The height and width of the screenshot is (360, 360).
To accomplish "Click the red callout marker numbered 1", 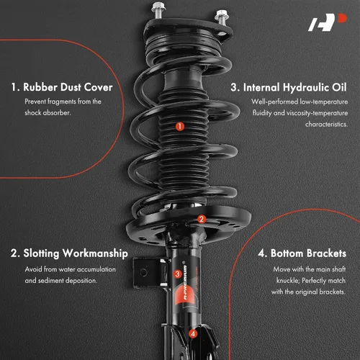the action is click(x=180, y=127).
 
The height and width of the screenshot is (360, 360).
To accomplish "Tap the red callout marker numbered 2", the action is click(x=202, y=219).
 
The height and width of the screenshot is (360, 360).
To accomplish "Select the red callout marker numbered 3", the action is click(x=177, y=274).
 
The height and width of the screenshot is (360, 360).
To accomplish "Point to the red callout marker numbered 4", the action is click(x=193, y=333).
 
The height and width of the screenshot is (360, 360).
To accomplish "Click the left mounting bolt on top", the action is click(x=158, y=10).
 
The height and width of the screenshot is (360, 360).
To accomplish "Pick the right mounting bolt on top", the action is click(x=222, y=17).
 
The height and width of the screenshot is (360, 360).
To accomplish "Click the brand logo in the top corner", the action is click(x=328, y=22).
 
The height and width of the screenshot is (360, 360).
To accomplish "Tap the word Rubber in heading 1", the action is click(x=40, y=87).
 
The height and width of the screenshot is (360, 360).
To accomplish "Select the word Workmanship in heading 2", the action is click(x=95, y=253).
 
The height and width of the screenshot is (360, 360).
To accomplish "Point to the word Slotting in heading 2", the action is click(x=41, y=253).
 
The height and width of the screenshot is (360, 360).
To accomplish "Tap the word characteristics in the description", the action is click(x=326, y=125).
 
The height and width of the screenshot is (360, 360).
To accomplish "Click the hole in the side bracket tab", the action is click(x=143, y=272).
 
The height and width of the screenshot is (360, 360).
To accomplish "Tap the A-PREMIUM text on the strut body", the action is click(x=185, y=282).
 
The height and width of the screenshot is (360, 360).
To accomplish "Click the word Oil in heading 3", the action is click(x=339, y=87).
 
